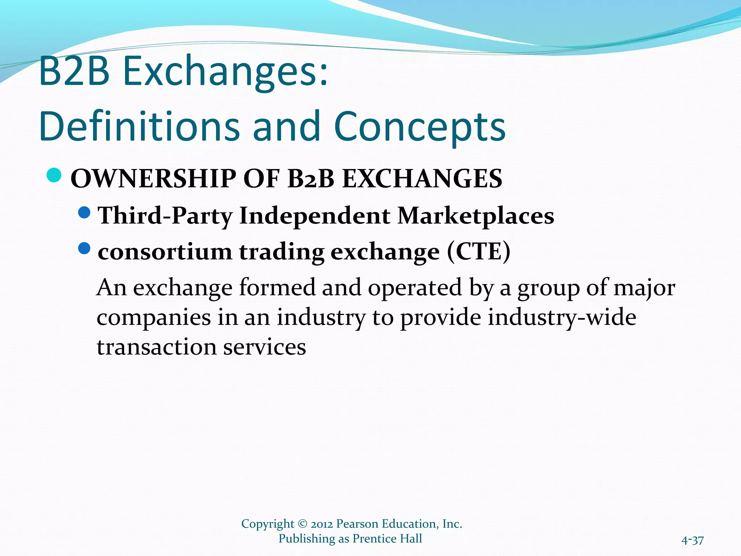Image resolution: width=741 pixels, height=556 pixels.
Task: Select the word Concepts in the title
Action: [420, 127]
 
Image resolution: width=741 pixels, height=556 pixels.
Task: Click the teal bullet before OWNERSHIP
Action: [54, 175]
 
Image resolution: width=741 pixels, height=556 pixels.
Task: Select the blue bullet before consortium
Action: [84, 248]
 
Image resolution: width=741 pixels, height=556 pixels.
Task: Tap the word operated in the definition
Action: [415, 288]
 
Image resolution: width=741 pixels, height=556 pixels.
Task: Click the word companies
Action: [154, 318]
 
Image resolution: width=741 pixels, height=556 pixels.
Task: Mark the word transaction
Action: [156, 347]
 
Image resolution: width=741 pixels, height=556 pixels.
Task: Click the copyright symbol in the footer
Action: [302, 524]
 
